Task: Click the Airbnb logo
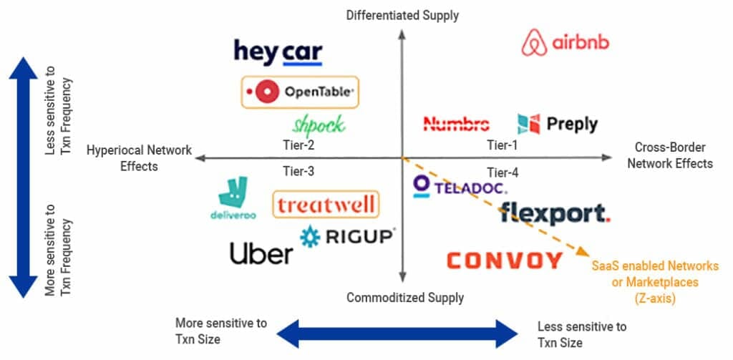pyautogui.click(x=565, y=43)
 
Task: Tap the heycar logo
pyautogui.click(x=278, y=52)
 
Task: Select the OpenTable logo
pyautogui.click(x=298, y=92)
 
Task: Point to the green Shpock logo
pyautogui.click(x=319, y=125)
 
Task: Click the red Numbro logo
pyautogui.click(x=457, y=124)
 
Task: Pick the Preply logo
pyautogui.click(x=558, y=124)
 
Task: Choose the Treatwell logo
pyautogui.click(x=326, y=205)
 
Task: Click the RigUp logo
pyautogui.click(x=347, y=236)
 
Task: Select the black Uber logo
pyautogui.click(x=261, y=253)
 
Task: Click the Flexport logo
pyautogui.click(x=555, y=213)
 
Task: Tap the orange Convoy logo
pyautogui.click(x=504, y=260)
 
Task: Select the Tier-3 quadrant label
pyautogui.click(x=298, y=172)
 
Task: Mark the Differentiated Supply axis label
pyautogui.click(x=402, y=14)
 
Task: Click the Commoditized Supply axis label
pyautogui.click(x=405, y=297)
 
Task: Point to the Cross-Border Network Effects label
pyautogui.click(x=670, y=156)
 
